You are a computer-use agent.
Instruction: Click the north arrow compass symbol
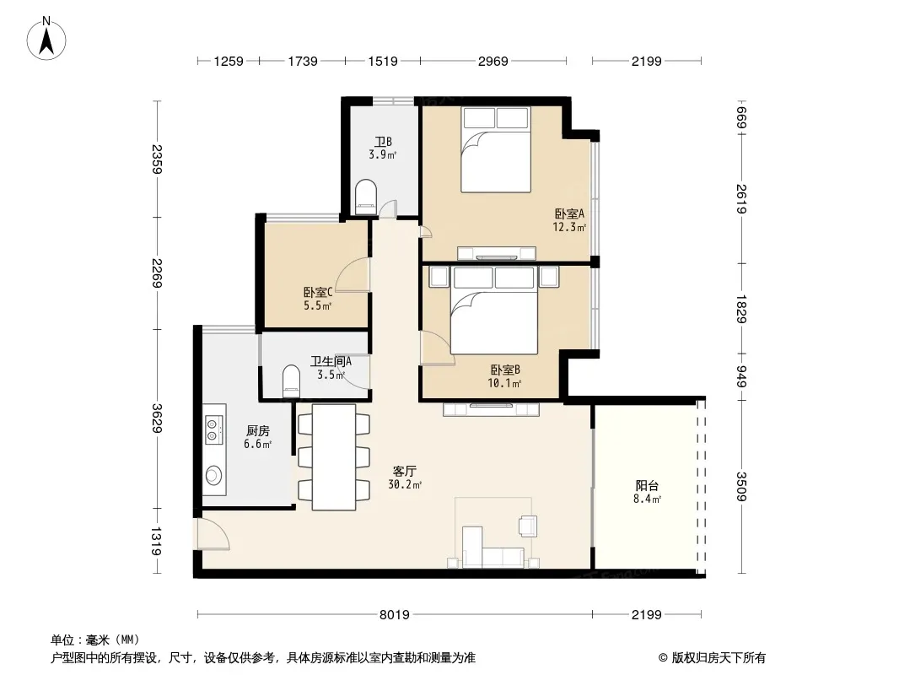(x=46, y=39)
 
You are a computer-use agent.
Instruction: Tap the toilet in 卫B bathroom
(x=366, y=197)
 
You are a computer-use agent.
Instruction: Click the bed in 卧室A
(x=496, y=149)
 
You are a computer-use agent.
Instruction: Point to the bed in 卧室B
(x=494, y=310)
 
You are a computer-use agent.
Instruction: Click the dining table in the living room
(x=334, y=457)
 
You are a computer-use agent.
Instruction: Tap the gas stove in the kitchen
(x=213, y=430)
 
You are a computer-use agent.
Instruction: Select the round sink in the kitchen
(x=213, y=475)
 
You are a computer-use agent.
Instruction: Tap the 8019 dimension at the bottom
(x=395, y=615)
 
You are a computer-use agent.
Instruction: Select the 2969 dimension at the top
(x=493, y=61)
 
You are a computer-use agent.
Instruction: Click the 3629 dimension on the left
(x=157, y=418)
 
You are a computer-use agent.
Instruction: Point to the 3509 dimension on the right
(x=742, y=486)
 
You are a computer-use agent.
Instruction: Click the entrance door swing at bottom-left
(x=213, y=534)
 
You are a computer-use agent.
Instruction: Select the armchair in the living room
(x=528, y=526)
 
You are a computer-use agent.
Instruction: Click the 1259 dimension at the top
(x=229, y=61)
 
